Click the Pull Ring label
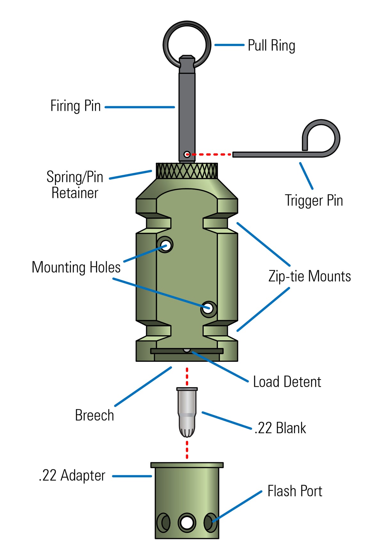tap(271, 46)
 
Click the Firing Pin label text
tap(76, 106)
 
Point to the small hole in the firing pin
tap(187, 155)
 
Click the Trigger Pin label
tap(314, 201)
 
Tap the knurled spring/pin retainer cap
tap(187, 171)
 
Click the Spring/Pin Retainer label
tap(75, 185)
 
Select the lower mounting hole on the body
tap(209, 309)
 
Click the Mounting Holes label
tap(76, 267)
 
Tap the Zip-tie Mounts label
tap(309, 276)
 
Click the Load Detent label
tap(287, 382)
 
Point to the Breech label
tap(94, 415)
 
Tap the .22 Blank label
tap(280, 428)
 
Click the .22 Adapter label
tap(72, 475)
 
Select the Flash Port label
tap(295, 491)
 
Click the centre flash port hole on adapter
tap(187, 523)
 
